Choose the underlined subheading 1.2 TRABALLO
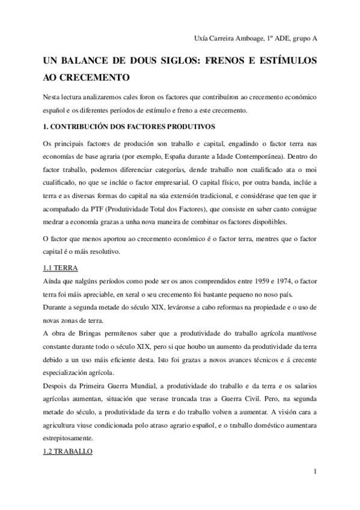click(x=67, y=450)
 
